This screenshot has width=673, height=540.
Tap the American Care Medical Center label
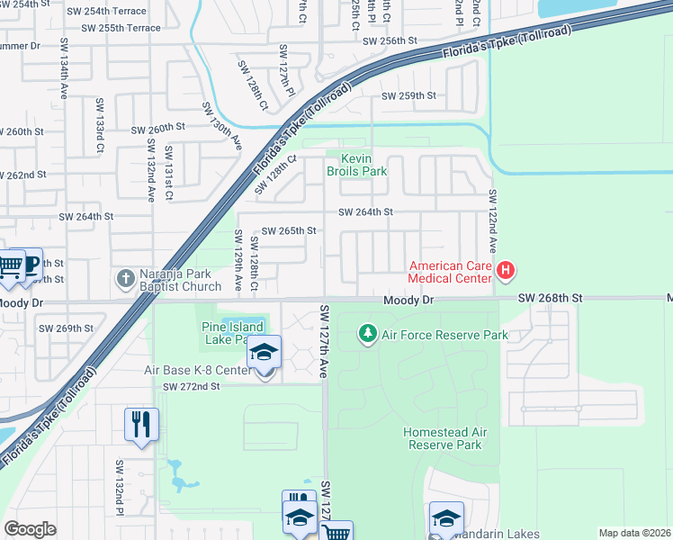[x=450, y=272]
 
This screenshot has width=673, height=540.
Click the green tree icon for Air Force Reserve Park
[x=367, y=335]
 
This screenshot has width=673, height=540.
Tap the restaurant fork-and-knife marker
[x=141, y=424]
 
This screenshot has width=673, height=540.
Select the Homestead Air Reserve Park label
[x=445, y=438]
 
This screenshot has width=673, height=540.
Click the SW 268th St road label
[x=550, y=299]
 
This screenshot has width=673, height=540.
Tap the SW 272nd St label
[x=192, y=386]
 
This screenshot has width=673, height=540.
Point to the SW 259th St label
[x=408, y=95]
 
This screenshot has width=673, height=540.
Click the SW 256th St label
[x=390, y=41]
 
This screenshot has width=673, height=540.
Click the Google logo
[x=30, y=529]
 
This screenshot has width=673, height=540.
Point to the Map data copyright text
[x=633, y=533]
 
